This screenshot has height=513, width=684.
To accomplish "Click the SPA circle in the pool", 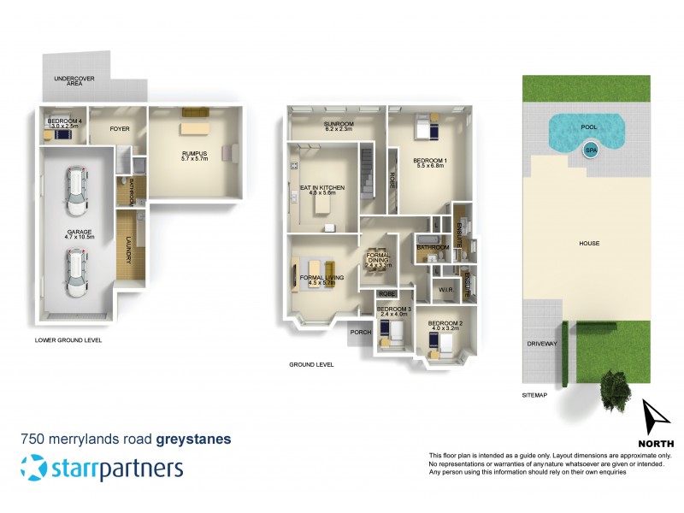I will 590,150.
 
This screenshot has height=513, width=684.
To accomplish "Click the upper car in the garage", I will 77,191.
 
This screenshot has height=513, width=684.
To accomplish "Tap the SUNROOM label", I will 338,125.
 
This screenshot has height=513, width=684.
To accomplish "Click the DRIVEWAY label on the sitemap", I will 542,344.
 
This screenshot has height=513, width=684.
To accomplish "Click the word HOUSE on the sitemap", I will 589,244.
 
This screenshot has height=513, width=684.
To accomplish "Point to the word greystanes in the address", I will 193,439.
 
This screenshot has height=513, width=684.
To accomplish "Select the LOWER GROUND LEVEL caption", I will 68,339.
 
